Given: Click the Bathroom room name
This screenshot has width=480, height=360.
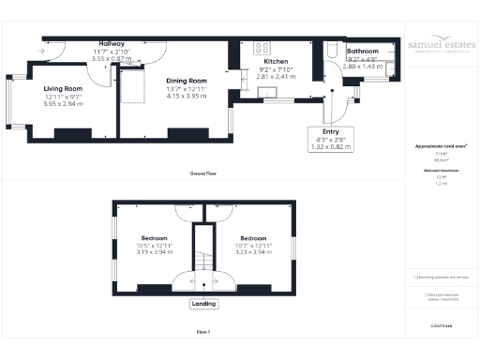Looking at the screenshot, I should (x=362, y=51).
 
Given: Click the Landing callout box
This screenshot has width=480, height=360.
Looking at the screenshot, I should (x=203, y=303).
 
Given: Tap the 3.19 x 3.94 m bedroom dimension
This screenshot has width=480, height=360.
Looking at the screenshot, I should (x=154, y=252).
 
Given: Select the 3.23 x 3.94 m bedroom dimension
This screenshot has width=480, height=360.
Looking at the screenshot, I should (x=253, y=252).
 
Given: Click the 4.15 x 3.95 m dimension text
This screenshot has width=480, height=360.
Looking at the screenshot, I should (x=185, y=96).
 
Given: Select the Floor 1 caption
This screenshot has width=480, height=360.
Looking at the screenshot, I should (x=203, y=331).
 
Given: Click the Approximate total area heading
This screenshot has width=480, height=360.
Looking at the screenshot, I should (x=441, y=147).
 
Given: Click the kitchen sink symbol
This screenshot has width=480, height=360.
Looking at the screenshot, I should (x=268, y=90).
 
